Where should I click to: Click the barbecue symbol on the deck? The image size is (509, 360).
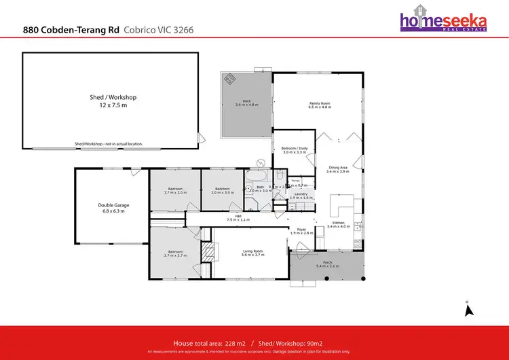(x=230, y=79)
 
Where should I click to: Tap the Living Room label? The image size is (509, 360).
(x=252, y=254)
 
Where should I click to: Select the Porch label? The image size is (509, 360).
(x=328, y=264)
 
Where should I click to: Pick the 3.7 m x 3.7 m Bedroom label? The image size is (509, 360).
(x=174, y=254)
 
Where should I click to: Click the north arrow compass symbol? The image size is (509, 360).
(x=468, y=311)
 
